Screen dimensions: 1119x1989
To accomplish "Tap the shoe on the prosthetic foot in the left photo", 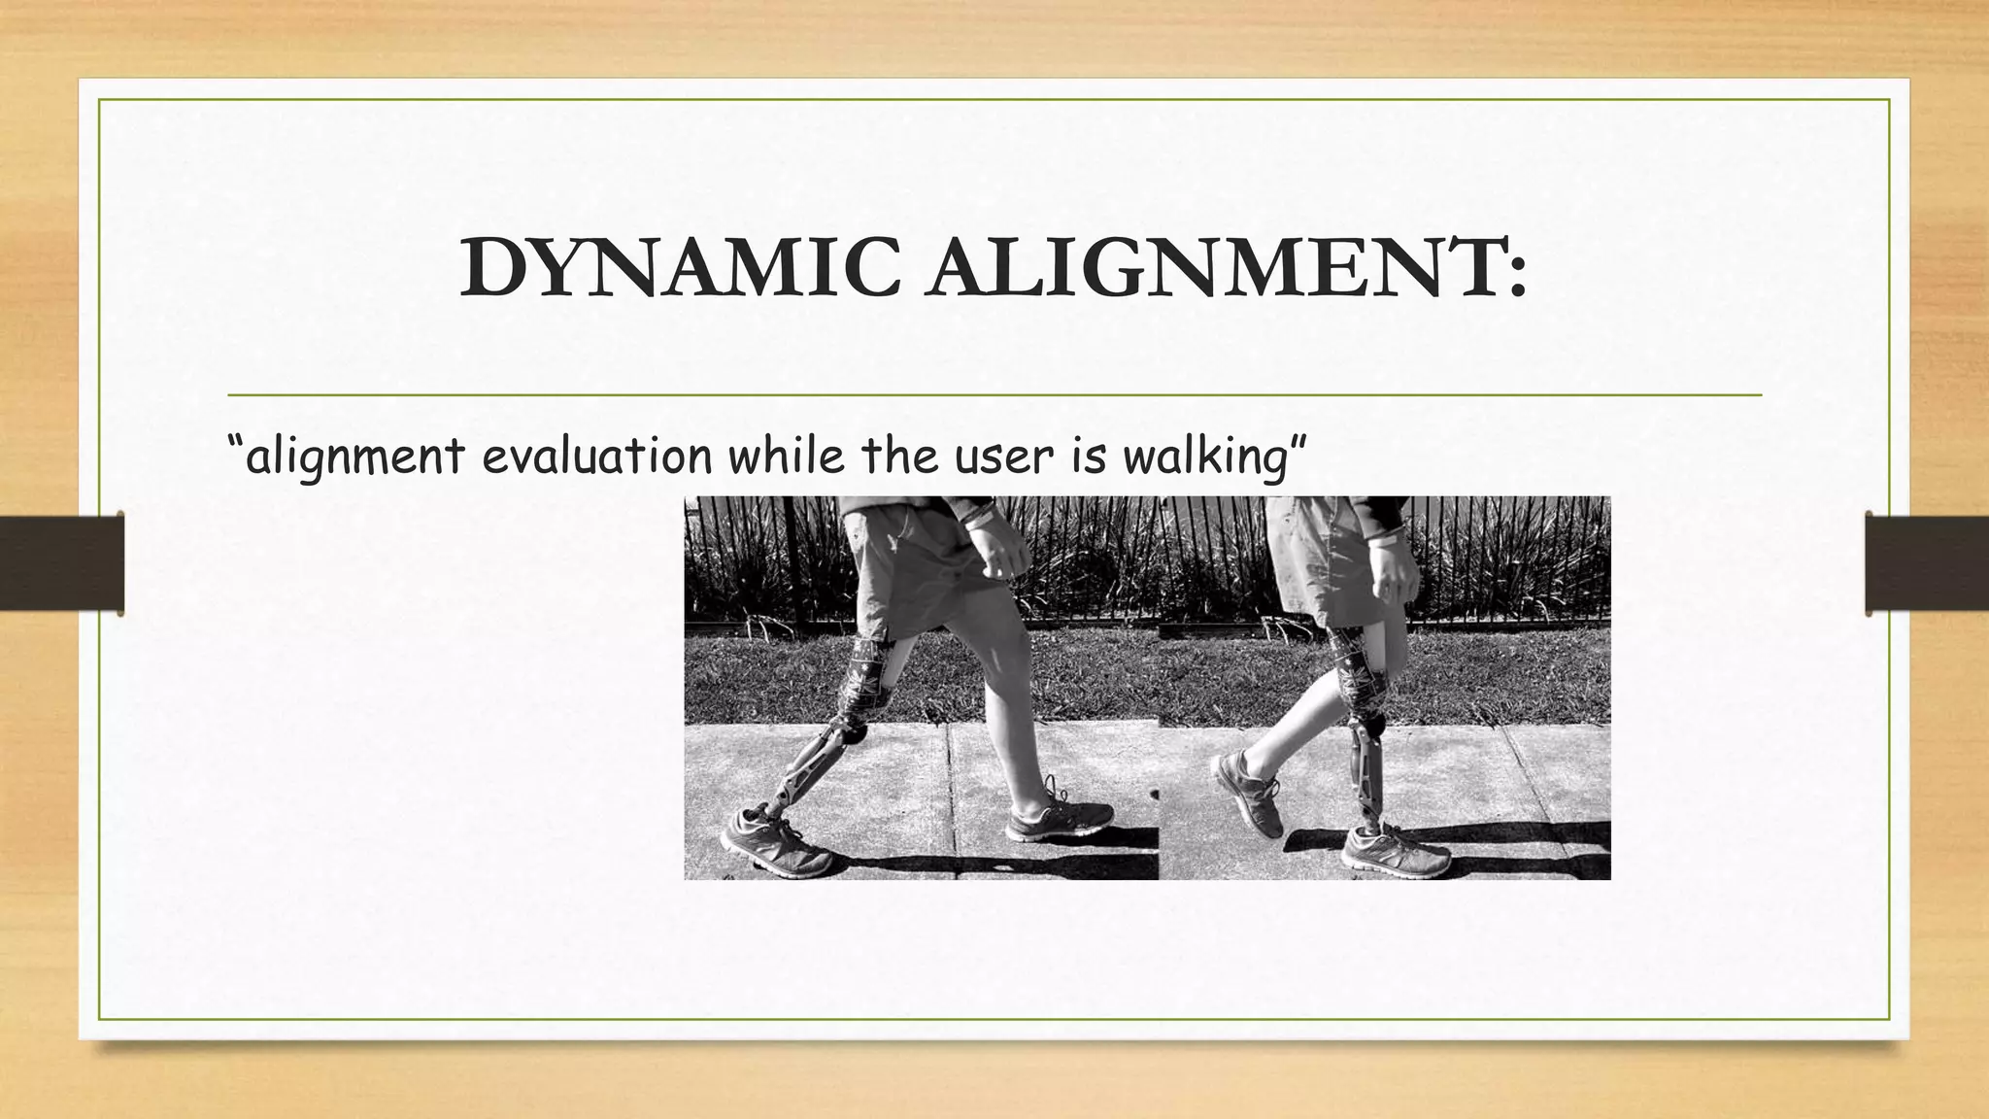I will point(775,840).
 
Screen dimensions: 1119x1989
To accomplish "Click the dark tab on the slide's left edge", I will point(61,563).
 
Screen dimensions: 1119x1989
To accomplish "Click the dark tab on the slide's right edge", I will point(1927,563).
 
